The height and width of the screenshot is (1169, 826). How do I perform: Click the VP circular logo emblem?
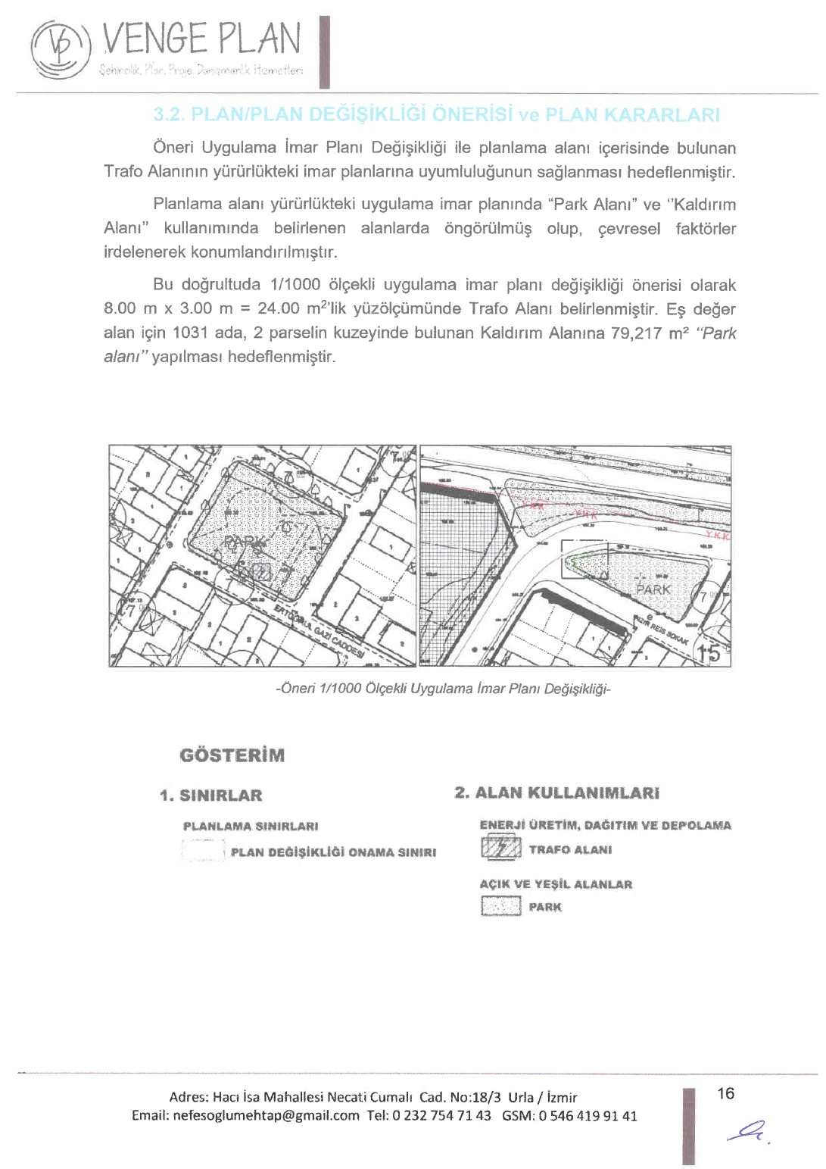click(60, 48)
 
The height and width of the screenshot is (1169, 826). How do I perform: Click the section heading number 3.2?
click(169, 115)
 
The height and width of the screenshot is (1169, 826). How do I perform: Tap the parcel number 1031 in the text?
click(189, 333)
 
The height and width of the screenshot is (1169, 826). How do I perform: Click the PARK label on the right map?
click(653, 589)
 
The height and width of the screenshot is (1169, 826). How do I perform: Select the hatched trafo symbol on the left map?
click(261, 571)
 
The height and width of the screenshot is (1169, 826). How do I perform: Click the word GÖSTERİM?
click(232, 755)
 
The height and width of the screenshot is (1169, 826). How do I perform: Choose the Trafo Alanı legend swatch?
click(501, 849)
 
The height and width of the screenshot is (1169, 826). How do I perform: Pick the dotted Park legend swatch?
click(501, 906)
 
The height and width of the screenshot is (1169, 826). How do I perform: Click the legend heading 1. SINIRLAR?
click(211, 795)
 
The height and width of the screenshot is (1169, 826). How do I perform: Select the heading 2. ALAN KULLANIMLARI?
click(557, 793)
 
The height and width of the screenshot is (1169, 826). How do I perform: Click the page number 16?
click(725, 1093)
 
